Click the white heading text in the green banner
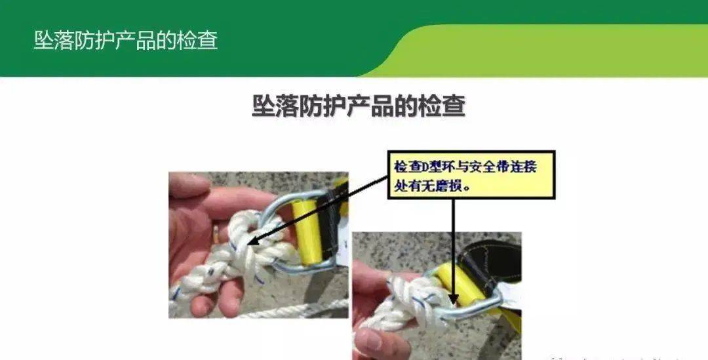(x=126, y=40)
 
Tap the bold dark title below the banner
(x=359, y=106)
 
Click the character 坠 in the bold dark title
(x=264, y=106)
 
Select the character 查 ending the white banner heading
(x=207, y=40)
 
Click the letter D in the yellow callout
(x=425, y=168)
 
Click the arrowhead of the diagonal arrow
(x=252, y=241)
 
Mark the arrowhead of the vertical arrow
(x=454, y=299)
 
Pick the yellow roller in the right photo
(x=462, y=287)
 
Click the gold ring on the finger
(x=216, y=233)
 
